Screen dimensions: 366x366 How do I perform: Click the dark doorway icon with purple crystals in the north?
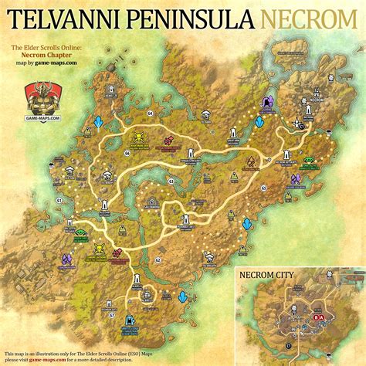(x=269, y=103)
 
